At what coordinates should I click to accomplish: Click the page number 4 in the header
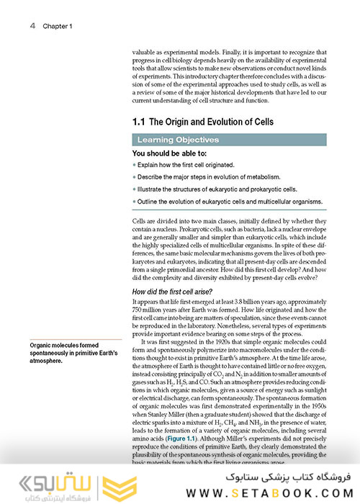coord(33,26)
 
